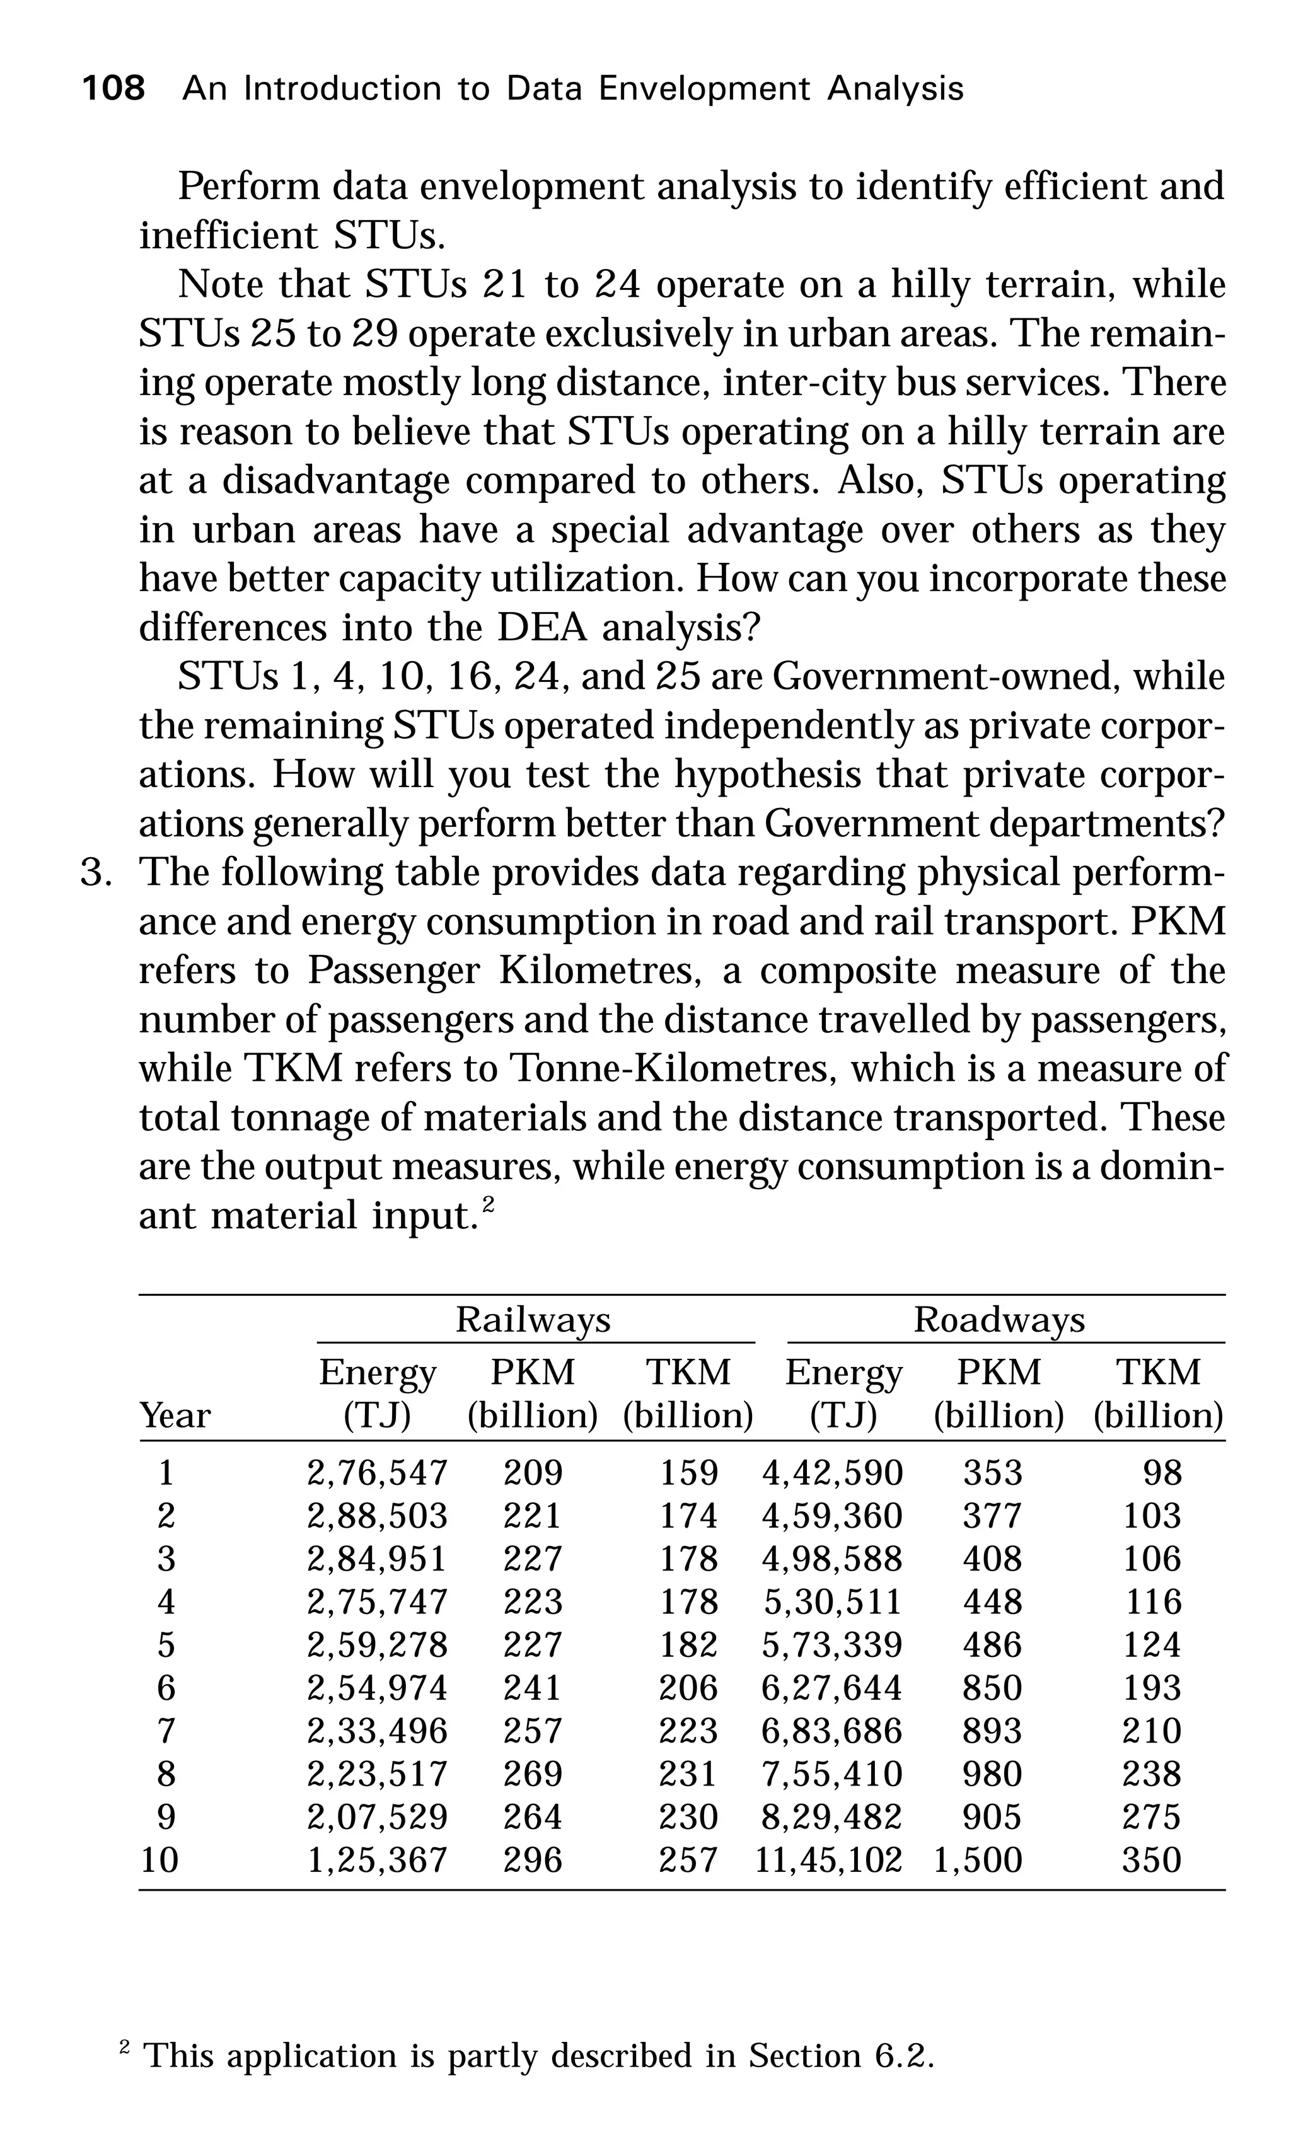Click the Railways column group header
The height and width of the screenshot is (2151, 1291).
[x=533, y=1320]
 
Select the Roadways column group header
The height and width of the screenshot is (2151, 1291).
[x=999, y=1320]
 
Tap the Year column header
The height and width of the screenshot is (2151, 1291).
[x=175, y=1415]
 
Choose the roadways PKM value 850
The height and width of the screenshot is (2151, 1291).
[x=992, y=1687]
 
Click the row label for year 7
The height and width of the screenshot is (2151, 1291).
[x=166, y=1731]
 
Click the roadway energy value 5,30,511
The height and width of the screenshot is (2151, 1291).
[x=831, y=1601]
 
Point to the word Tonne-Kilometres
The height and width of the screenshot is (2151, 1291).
[x=673, y=1068]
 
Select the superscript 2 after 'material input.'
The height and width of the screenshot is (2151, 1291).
[x=488, y=1204]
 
